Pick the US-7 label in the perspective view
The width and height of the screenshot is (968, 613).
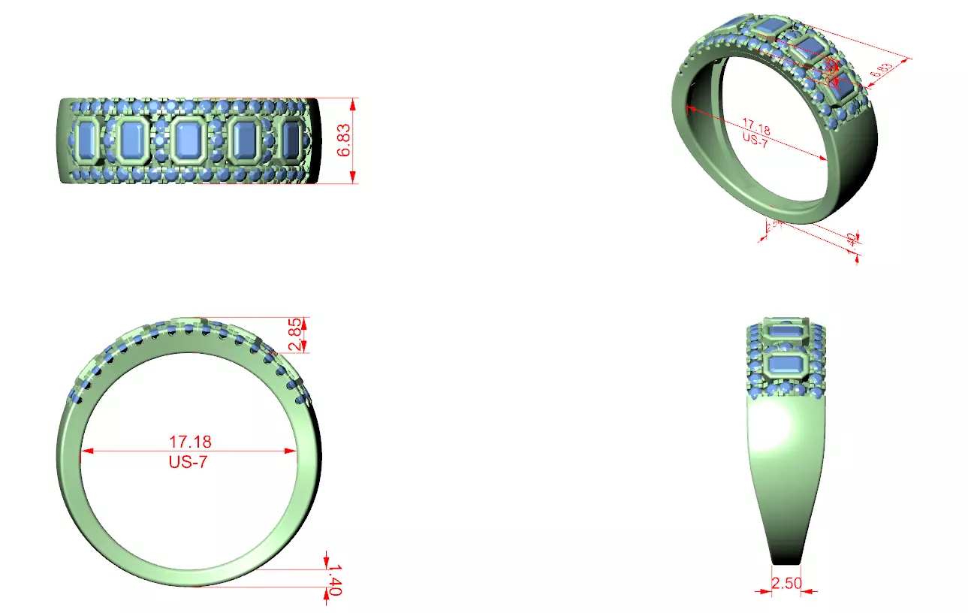pos(754,140)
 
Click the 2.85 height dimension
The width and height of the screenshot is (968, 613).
pos(297,334)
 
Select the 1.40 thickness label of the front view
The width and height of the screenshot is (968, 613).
pos(334,580)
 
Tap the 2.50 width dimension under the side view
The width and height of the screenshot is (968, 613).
pos(786,583)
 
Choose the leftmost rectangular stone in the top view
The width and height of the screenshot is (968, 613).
pos(88,140)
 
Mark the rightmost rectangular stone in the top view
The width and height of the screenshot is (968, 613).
pos(291,140)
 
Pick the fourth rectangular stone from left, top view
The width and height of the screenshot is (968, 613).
pos(244,140)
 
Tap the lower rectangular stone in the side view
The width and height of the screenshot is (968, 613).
pos(786,366)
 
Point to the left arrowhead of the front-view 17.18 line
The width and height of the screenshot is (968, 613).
pos(83,451)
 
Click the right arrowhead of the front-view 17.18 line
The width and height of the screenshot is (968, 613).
pos(292,451)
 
